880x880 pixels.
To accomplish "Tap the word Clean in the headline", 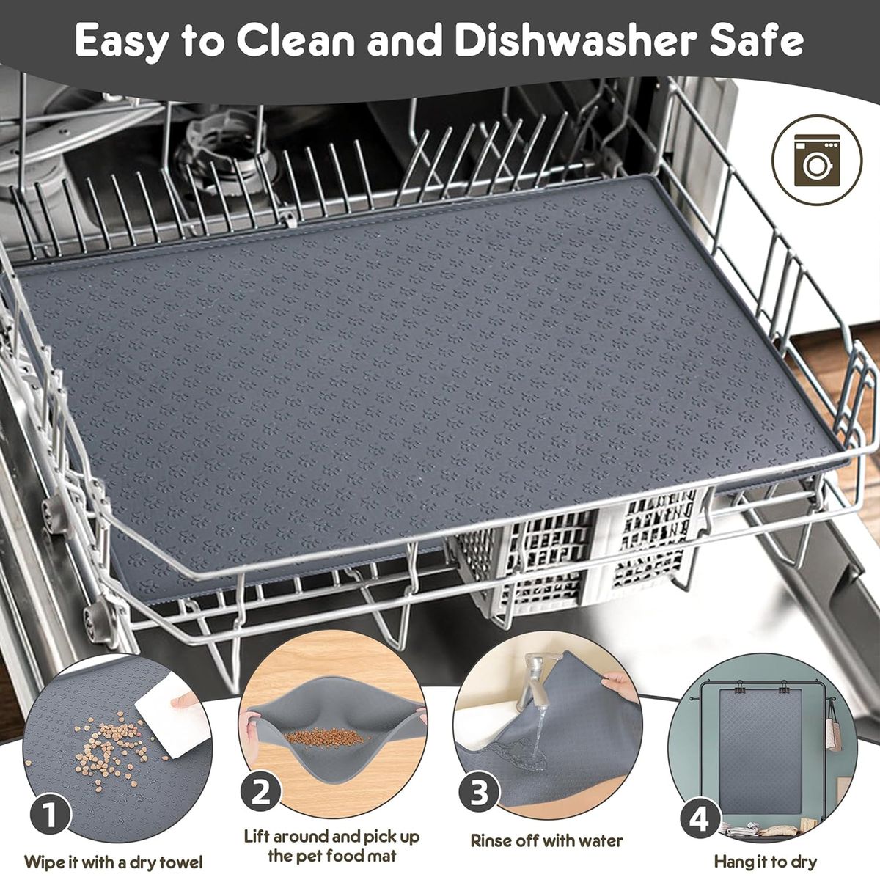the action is [296, 41].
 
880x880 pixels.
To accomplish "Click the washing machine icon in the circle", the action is [817, 160].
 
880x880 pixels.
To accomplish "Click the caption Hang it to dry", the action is [765, 848].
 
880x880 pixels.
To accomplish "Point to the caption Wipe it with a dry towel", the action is [113, 850].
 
